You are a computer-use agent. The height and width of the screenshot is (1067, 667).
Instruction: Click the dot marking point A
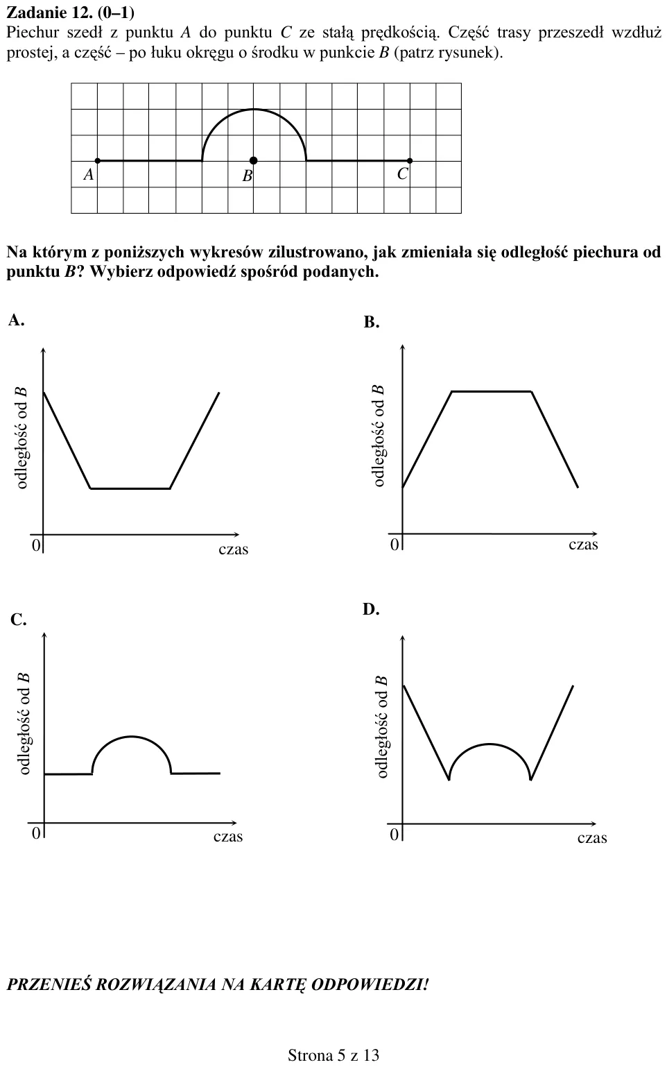coord(98,160)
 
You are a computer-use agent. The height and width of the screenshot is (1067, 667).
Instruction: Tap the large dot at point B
coord(253,160)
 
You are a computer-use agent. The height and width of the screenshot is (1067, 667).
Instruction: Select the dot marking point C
coord(410,160)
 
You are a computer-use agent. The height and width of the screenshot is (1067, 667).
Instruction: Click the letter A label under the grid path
coord(89,175)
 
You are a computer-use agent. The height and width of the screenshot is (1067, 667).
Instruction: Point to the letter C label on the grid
coord(402,174)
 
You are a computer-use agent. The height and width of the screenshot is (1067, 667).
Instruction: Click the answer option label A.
coord(16,320)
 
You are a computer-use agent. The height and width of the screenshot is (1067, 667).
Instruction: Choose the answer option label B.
coord(372,323)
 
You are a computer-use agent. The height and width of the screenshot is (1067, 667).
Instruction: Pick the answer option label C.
coord(18,620)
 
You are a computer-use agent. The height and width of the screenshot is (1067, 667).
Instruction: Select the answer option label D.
coord(371,609)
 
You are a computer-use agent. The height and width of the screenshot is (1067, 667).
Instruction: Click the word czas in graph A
coord(233,549)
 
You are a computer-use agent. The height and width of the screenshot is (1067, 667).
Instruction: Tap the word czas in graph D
coord(592,838)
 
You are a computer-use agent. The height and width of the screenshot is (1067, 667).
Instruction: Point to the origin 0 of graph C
coord(35,833)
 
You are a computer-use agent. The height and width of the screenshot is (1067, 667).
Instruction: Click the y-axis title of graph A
coord(21,438)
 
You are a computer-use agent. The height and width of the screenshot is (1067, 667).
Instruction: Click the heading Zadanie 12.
coord(71,13)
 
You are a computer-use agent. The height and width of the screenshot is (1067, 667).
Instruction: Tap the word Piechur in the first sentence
coord(33,33)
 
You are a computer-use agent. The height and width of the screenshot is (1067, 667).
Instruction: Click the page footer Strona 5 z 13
coord(333,1055)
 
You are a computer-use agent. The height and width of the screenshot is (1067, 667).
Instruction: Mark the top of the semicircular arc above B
coord(253,109)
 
